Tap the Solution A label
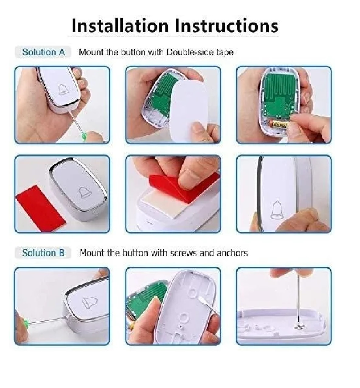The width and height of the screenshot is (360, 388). pos(43,52)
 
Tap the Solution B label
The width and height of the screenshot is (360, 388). pos(43,253)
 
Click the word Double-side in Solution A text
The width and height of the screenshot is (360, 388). pos(189,52)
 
